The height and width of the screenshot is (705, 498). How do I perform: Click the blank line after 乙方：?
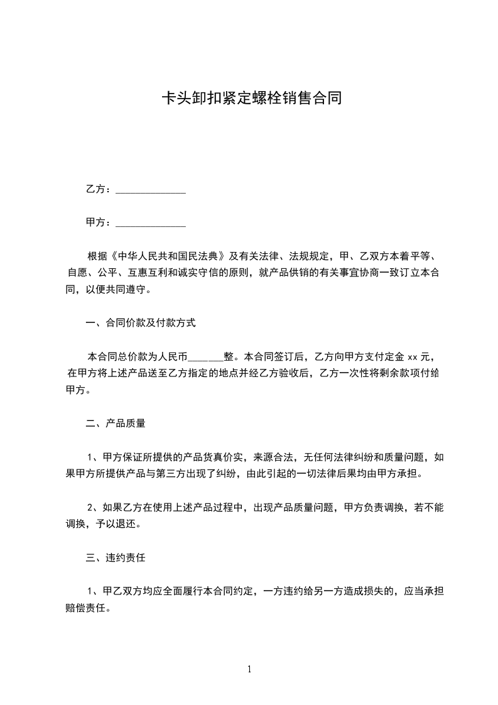coord(151,190)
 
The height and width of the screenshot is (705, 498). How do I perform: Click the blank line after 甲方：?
coord(151,223)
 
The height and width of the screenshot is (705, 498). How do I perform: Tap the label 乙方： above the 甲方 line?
coord(99,190)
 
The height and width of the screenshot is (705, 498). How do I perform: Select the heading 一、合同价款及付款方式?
coord(141,324)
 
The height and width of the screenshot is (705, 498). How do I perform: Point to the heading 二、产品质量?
coord(116,424)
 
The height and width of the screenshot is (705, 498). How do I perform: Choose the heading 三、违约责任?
coord(116,557)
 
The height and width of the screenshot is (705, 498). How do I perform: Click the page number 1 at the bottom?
coord(249,670)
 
